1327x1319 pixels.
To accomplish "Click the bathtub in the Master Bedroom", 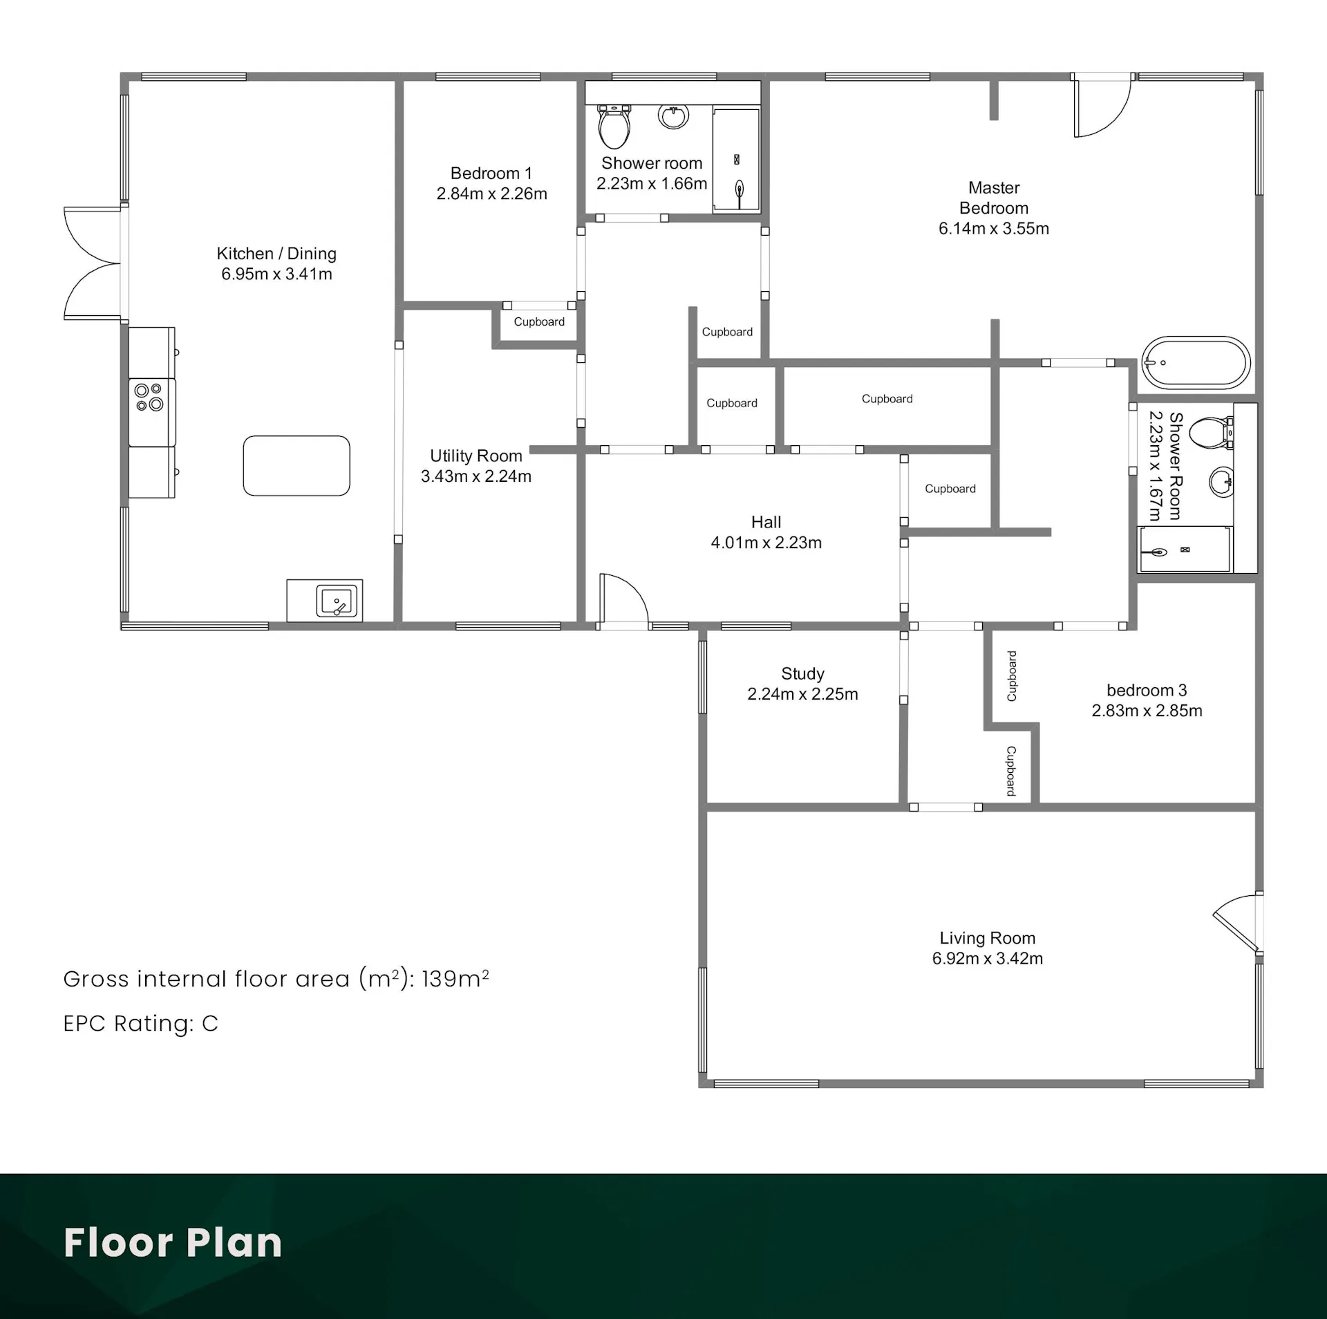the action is pyautogui.click(x=1196, y=362).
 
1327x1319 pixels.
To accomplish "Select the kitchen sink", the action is pyautogui.click(x=337, y=600).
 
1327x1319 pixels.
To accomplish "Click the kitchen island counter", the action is pyautogui.click(x=297, y=465).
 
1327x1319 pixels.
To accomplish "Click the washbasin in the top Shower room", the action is pyautogui.click(x=673, y=116).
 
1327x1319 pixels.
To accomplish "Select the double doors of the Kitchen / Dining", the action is pyautogui.click(x=93, y=263).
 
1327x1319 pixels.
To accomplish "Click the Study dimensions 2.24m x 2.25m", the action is pyautogui.click(x=802, y=694).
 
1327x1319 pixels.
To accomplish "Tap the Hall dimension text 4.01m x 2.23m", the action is pyautogui.click(x=766, y=543).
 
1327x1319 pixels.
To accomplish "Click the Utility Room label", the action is pyautogui.click(x=476, y=456).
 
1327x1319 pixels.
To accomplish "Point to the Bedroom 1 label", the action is pyautogui.click(x=491, y=173).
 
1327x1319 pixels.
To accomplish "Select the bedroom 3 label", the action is pyautogui.click(x=1147, y=690).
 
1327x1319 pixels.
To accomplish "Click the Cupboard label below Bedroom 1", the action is pyautogui.click(x=539, y=321).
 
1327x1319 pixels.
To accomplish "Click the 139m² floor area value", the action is pyautogui.click(x=455, y=978).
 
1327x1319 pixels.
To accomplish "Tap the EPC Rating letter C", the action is pyautogui.click(x=210, y=1023).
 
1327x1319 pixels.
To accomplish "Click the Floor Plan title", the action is pyautogui.click(x=173, y=1242).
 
